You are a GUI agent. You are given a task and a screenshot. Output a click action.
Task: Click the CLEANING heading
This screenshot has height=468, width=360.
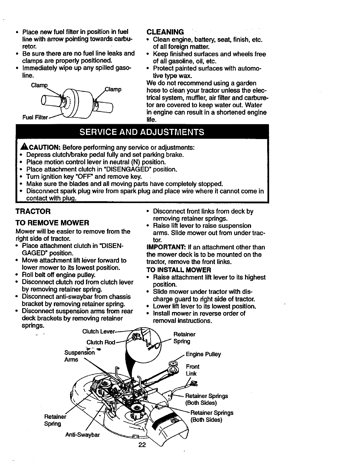pos(165,32)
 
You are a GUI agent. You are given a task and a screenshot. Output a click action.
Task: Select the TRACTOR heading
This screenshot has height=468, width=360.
pos(33,211)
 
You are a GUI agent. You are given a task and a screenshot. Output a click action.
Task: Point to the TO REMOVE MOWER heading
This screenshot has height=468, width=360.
pos(52,223)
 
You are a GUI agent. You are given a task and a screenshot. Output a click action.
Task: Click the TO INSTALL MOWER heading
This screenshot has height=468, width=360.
pos(179,270)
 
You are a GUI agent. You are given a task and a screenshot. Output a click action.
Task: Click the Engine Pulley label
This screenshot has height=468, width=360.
pos(204,354)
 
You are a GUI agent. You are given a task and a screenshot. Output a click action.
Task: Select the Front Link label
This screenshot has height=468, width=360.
pos(192,370)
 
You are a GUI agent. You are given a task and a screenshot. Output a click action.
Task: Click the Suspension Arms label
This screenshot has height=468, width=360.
pos(79,356)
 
